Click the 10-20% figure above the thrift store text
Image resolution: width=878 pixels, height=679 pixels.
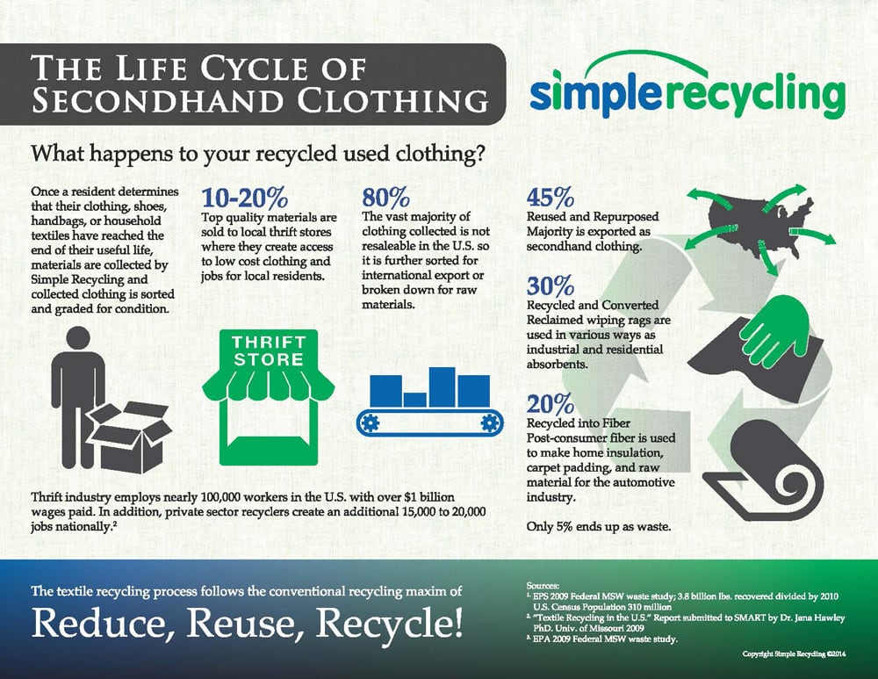[244, 198]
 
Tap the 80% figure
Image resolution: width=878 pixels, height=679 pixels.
[385, 198]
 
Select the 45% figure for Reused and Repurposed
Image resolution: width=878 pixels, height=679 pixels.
[551, 198]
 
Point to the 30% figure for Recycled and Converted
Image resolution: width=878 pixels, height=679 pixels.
[551, 285]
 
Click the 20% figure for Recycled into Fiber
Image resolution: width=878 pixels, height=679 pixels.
[551, 404]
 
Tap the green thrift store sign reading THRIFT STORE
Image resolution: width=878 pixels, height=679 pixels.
[269, 350]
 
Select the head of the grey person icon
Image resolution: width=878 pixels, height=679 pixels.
[78, 341]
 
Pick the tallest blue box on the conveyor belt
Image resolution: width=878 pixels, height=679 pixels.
[443, 387]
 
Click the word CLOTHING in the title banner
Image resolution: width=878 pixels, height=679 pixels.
[393, 100]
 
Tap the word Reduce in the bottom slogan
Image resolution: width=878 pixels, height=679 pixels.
[103, 623]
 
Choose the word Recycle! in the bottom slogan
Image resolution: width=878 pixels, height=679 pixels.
[390, 624]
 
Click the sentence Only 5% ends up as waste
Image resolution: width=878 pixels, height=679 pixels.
[599, 527]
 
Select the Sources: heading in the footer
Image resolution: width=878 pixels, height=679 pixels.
[543, 585]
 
